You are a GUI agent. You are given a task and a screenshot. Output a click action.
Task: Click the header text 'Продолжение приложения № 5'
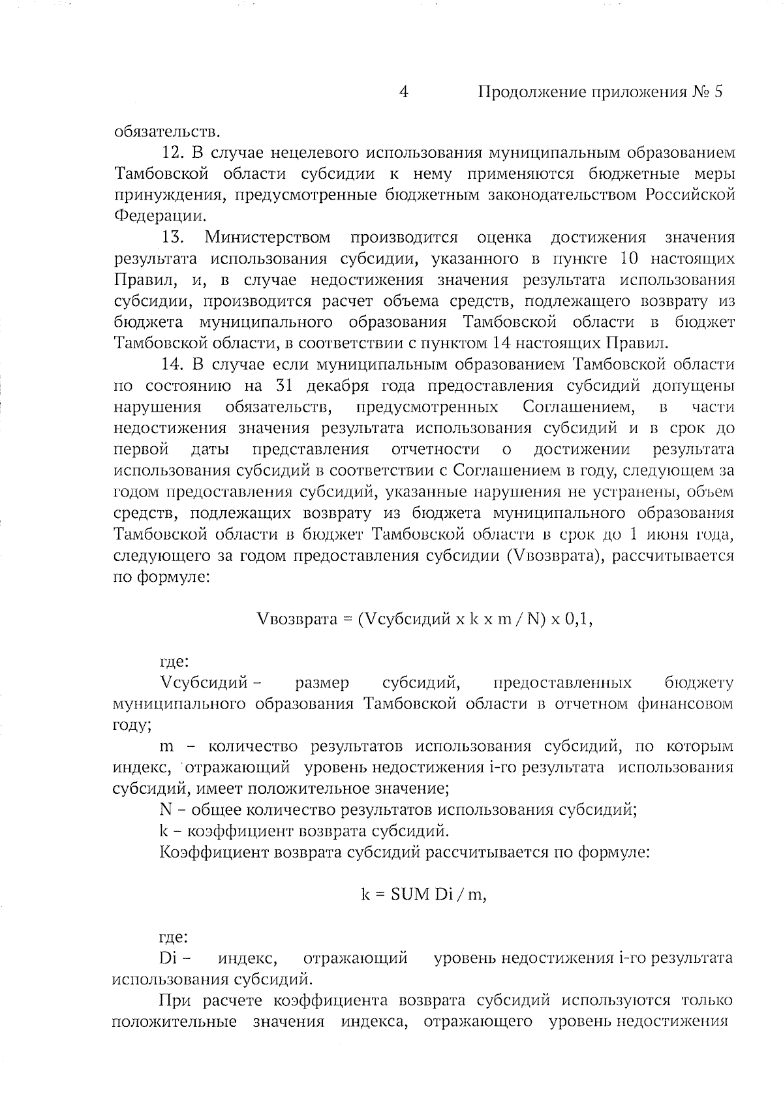[x=600, y=92]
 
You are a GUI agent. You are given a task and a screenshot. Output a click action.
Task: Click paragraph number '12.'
[x=174, y=153]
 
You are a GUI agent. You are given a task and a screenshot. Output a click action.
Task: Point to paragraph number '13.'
[x=174, y=237]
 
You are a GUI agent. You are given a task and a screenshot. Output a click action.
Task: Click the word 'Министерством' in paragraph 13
[x=268, y=237]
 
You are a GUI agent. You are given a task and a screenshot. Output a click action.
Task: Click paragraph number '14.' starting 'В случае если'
[x=174, y=364]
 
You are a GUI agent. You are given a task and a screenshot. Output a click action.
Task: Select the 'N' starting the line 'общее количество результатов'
[x=165, y=810]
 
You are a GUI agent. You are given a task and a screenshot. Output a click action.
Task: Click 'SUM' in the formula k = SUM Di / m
[x=410, y=894]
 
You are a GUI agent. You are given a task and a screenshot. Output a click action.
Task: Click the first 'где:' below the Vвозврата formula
[x=174, y=662]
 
